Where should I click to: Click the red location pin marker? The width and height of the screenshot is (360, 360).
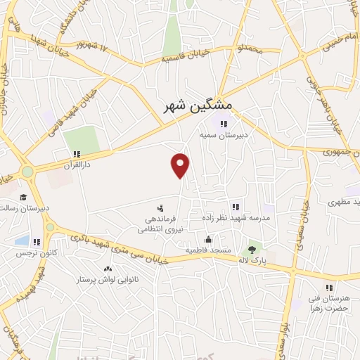coord(181,165)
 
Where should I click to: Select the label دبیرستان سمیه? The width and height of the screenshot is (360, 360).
coord(215,134)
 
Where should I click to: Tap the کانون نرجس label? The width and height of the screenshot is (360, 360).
coord(34,252)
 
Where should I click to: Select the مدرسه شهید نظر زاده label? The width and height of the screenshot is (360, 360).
coord(236,218)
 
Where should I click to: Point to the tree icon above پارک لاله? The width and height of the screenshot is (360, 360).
coord(252,249)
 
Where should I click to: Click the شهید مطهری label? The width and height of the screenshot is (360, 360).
coord(343,202)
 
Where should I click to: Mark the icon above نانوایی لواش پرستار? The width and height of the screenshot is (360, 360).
coord(108,269)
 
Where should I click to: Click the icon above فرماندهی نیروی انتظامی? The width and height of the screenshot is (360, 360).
coord(160,208)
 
